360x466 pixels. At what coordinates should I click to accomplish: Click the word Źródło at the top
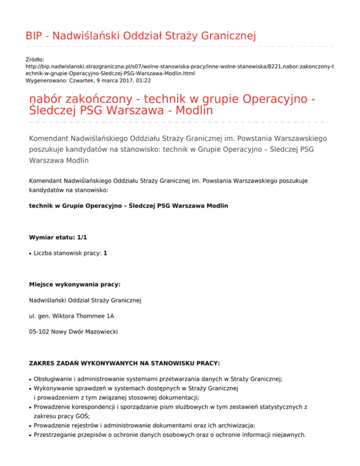pos(35,60)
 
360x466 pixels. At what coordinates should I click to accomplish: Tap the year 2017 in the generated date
pos(121,81)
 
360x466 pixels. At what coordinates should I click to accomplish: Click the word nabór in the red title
pos(44,100)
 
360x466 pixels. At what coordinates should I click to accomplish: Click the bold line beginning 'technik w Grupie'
pos(128,206)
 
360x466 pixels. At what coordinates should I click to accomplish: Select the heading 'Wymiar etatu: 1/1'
pos(58,238)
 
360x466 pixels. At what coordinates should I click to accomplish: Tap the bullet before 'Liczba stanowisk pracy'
pos(30,254)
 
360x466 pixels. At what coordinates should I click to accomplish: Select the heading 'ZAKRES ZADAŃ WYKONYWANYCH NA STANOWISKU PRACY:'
pos(118,363)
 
